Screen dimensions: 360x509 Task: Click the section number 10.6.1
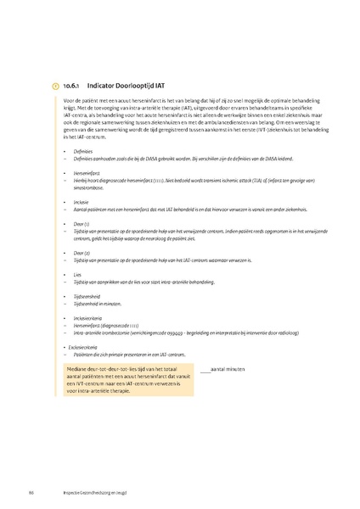coord(72,86)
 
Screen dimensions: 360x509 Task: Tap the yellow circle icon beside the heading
coord(56,86)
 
